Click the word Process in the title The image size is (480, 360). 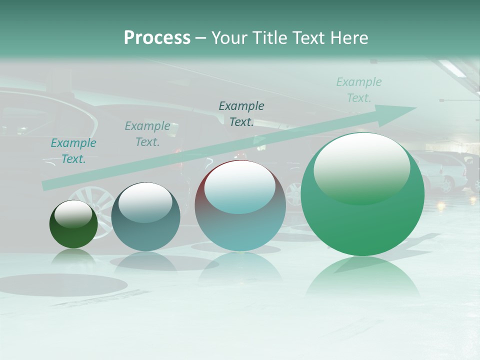click(x=157, y=38)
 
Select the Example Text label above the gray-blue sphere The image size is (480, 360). click(x=147, y=134)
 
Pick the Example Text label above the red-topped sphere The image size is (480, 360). click(x=241, y=114)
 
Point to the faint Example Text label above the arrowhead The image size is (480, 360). click(x=359, y=90)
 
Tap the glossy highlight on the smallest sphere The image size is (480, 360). click(x=73, y=213)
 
